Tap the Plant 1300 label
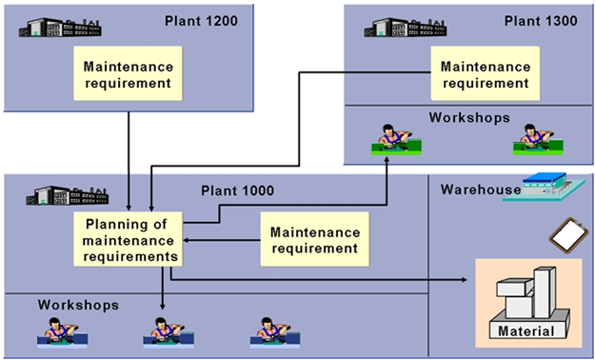(x=538, y=20)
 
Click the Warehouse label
(x=480, y=190)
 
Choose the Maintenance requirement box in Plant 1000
(x=315, y=240)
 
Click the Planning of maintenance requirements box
(x=129, y=240)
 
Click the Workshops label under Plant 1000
(x=78, y=306)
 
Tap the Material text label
(x=526, y=331)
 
